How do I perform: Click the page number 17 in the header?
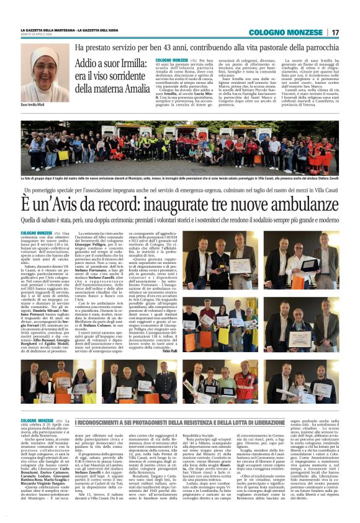(x=335, y=32)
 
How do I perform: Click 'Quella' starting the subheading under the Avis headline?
(x=28, y=219)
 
